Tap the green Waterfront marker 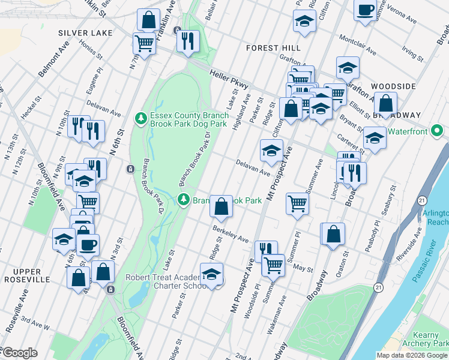pyautogui.click(x=438, y=130)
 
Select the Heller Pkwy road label pyautogui.click(x=229, y=79)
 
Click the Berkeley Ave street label pyautogui.click(x=230, y=235)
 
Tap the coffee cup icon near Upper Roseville pyautogui.click(x=88, y=245)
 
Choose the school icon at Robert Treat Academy pyautogui.click(x=211, y=274)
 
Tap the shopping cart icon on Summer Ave pyautogui.click(x=297, y=203)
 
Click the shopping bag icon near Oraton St pyautogui.click(x=334, y=233)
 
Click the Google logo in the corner pyautogui.click(x=19, y=353)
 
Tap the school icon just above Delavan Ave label pyautogui.click(x=271, y=151)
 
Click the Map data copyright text pyautogui.click(x=412, y=355)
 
